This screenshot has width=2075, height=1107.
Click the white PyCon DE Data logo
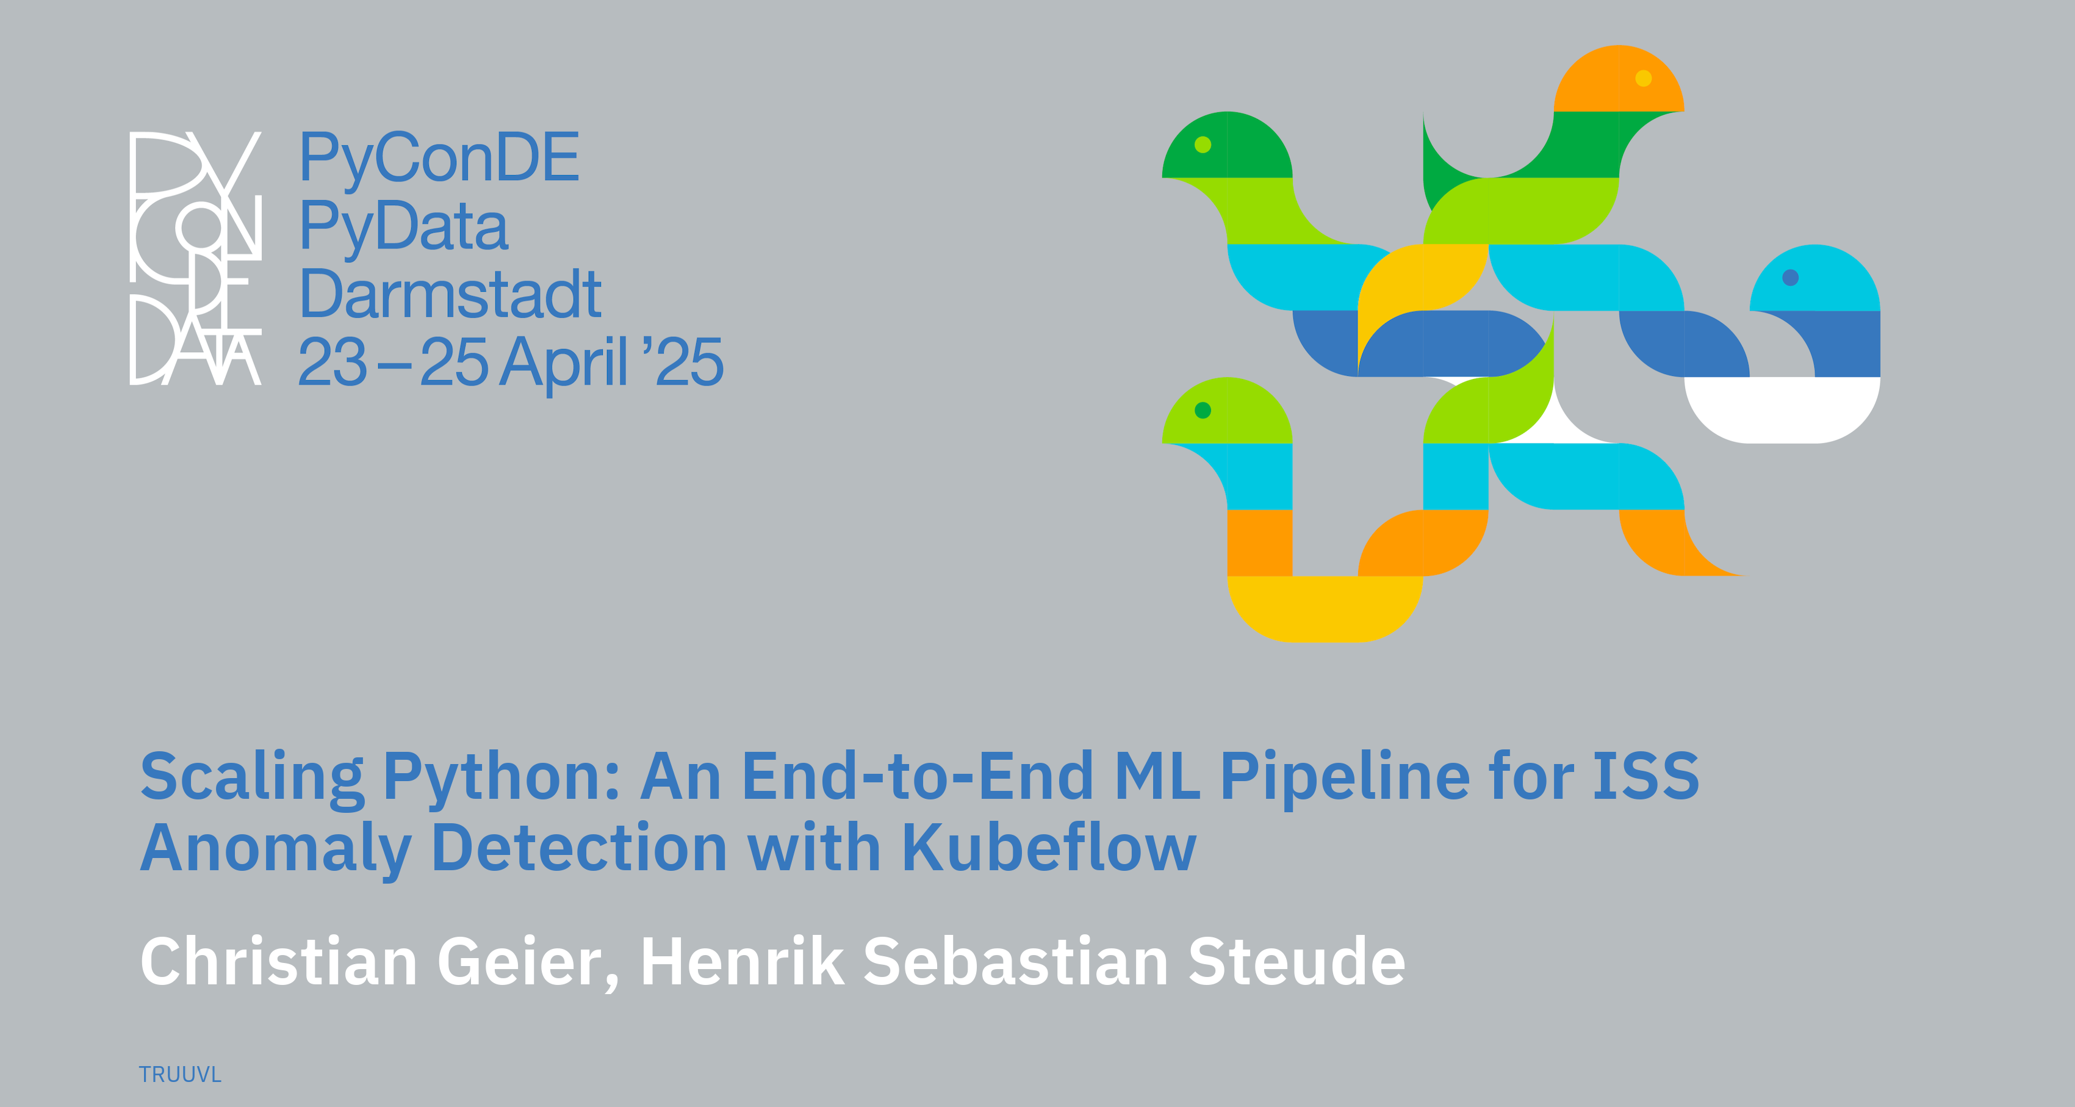click(x=196, y=258)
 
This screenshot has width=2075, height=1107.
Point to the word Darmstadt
click(x=450, y=295)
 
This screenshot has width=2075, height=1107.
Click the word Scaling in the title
click(x=252, y=778)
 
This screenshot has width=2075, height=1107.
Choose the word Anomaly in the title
click(x=276, y=851)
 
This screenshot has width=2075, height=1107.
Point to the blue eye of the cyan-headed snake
click(x=1791, y=277)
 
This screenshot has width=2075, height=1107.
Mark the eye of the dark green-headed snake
click(x=1203, y=144)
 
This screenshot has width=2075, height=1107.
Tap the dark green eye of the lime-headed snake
click(x=1203, y=410)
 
